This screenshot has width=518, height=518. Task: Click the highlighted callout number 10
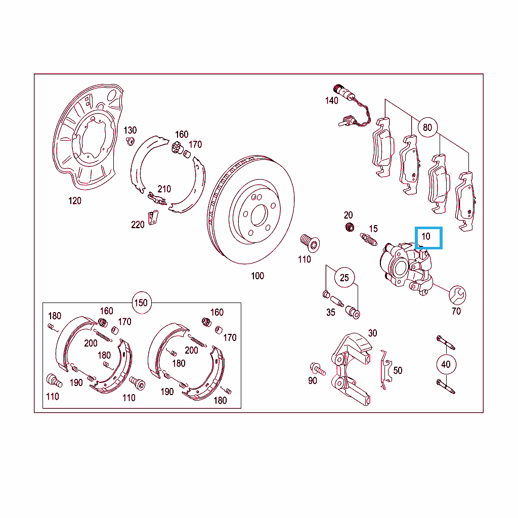point(426,237)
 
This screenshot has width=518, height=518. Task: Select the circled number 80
point(427,127)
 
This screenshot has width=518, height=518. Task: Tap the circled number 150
point(141,303)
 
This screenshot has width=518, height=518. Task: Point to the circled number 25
point(344,278)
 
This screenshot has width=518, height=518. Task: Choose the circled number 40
point(446,364)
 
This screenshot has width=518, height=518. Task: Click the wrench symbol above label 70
point(457,295)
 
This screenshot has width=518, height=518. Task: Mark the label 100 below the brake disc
point(257,276)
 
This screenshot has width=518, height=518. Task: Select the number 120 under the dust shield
point(75,201)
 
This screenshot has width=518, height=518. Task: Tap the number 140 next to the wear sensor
point(331,101)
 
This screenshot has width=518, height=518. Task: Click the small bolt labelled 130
point(131,141)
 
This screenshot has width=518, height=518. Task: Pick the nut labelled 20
point(350,227)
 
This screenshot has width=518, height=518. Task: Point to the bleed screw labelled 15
point(368,239)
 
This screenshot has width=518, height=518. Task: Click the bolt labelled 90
point(318,369)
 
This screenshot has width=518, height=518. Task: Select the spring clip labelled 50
point(385,369)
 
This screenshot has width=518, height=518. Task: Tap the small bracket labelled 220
point(153,218)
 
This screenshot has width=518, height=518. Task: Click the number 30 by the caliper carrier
point(372,333)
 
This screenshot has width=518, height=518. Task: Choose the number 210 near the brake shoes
point(164,189)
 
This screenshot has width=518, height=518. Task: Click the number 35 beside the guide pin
point(331,313)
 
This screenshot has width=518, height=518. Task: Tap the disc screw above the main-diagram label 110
point(310,244)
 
